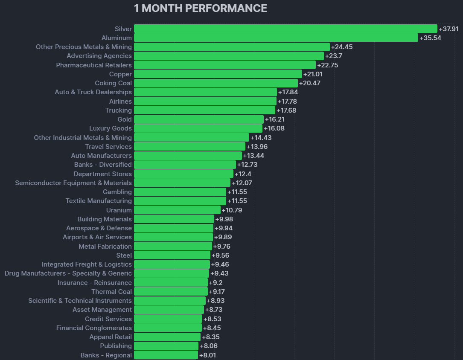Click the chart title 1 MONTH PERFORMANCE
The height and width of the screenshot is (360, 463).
pyautogui.click(x=201, y=8)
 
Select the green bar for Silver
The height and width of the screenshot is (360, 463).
pyautogui.click(x=285, y=29)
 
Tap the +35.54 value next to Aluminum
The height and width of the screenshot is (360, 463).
pyautogui.click(x=430, y=38)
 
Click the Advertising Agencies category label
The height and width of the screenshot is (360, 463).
pyautogui.click(x=99, y=56)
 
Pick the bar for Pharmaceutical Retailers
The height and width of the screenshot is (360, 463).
pyautogui.click(x=225, y=65)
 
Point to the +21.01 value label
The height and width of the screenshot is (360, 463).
pyautogui.click(x=313, y=74)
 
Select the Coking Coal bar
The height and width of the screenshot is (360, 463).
pyautogui.click(x=216, y=83)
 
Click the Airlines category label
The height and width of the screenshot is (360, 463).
pyautogui.click(x=120, y=102)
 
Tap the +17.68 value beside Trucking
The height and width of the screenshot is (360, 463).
pyautogui.click(x=286, y=110)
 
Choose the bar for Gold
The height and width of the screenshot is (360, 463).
pyautogui.click(x=199, y=119)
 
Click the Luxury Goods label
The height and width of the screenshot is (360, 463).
pyautogui.click(x=111, y=128)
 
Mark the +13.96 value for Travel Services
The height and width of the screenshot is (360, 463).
pyautogui.click(x=257, y=147)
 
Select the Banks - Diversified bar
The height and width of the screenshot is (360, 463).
pyautogui.click(x=185, y=165)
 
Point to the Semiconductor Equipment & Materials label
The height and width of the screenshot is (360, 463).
pyautogui.click(x=73, y=183)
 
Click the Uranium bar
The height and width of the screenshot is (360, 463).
pyautogui.click(x=177, y=210)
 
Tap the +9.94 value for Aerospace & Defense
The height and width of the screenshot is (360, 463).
pyautogui.click(x=224, y=228)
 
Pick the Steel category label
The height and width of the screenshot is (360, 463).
pyautogui.click(x=124, y=255)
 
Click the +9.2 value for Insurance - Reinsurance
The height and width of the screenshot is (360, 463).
pyautogui.click(x=215, y=283)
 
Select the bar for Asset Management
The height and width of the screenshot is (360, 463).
pyautogui.click(x=169, y=310)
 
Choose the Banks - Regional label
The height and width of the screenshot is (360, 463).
pyautogui.click(x=106, y=355)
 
